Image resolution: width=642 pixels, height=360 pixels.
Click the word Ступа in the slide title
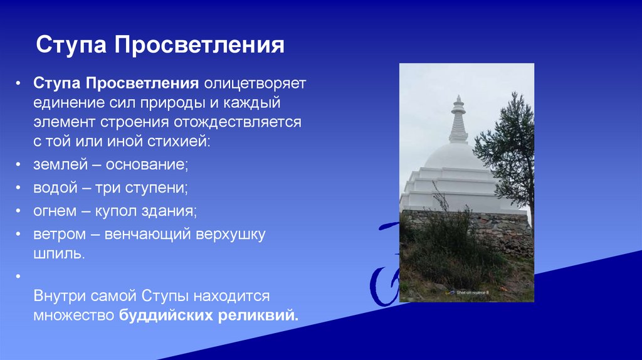point(70,46)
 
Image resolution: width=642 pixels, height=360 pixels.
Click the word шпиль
point(58,254)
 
